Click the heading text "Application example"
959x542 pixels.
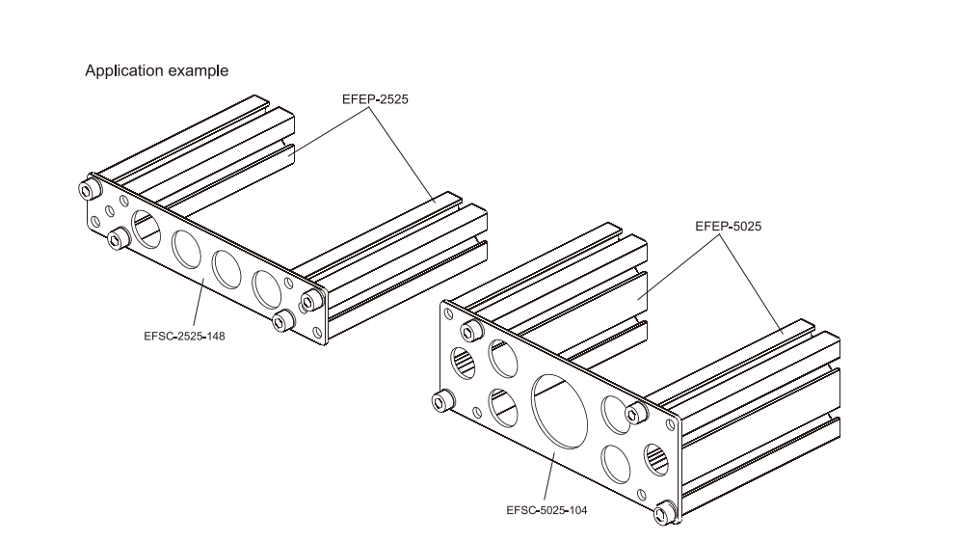[x=156, y=70]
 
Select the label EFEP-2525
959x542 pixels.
[x=376, y=99]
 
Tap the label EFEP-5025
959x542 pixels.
[x=729, y=228]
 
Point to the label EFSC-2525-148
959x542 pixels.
[x=189, y=337]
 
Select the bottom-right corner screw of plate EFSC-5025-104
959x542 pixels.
[x=664, y=513]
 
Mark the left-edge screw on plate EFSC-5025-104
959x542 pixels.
[x=444, y=398]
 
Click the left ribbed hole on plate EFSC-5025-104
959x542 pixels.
[x=464, y=365]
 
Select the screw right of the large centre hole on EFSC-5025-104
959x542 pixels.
[x=633, y=414]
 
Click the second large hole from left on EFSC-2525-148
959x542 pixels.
[x=187, y=249]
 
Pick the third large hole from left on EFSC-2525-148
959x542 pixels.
[x=227, y=268]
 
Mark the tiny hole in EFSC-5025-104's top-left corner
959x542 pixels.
[x=449, y=312]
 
